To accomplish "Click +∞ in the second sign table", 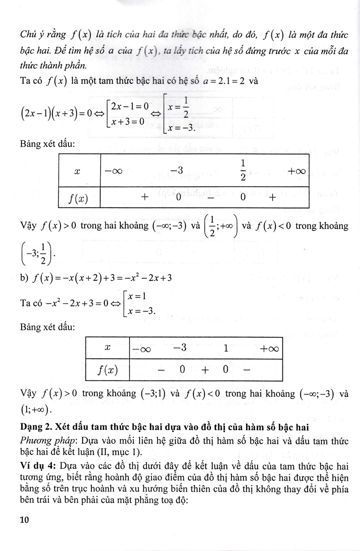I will tap(269, 349).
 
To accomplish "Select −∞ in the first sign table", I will tap(112, 171).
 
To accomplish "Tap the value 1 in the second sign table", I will tap(226, 348).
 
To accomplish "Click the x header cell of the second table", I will tap(107, 348).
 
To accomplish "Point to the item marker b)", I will tap(25, 278).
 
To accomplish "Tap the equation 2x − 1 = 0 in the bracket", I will tap(130, 106).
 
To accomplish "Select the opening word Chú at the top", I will tap(28, 34).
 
